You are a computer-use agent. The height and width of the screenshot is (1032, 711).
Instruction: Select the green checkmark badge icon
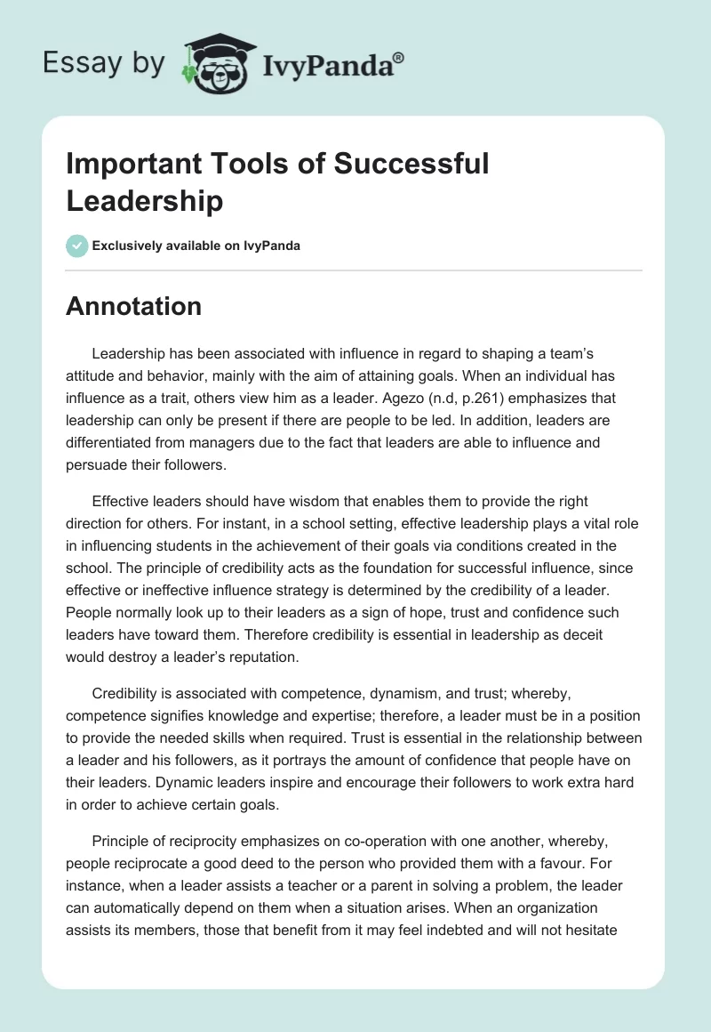pyautogui.click(x=77, y=246)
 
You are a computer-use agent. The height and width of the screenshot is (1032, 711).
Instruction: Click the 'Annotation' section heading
pyautogui.click(x=134, y=307)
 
